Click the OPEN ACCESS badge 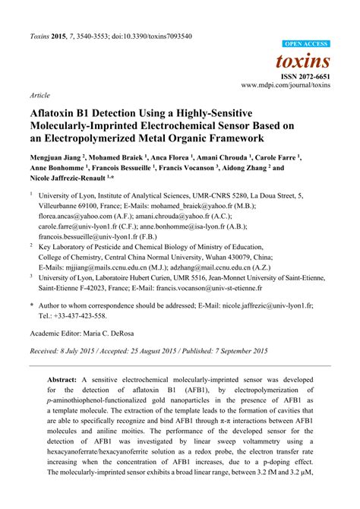click(x=306, y=44)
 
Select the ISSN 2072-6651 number click(x=309, y=77)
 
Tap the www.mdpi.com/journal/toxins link click(x=286, y=86)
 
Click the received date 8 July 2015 click(x=84, y=351)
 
